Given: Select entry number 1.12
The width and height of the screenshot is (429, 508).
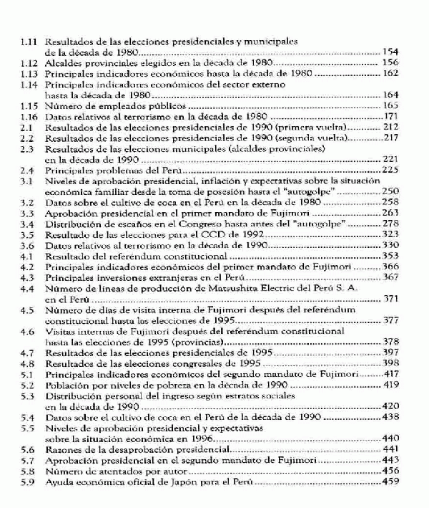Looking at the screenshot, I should point(28,63).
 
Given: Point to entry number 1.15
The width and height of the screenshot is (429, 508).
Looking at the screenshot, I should point(28,106).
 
